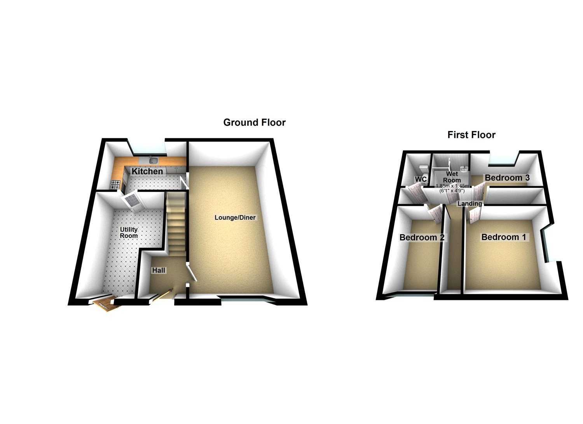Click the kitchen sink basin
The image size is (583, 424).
click(x=153, y=161)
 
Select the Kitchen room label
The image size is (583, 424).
click(x=147, y=171)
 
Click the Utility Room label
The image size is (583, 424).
click(x=129, y=233)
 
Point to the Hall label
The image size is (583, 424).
click(x=159, y=270)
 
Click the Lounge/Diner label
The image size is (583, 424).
click(x=235, y=217)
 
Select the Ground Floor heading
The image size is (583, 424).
click(x=254, y=123)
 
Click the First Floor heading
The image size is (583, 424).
click(x=471, y=135)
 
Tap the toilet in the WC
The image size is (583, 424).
click(x=423, y=169)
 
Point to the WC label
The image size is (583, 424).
click(x=421, y=179)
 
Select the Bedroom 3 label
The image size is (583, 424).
click(x=507, y=178)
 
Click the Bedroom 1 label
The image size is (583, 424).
click(x=504, y=237)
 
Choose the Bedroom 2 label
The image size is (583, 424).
click(x=422, y=237)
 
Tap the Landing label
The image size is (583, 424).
click(x=470, y=203)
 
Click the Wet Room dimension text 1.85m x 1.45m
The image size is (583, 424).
click(x=452, y=186)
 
